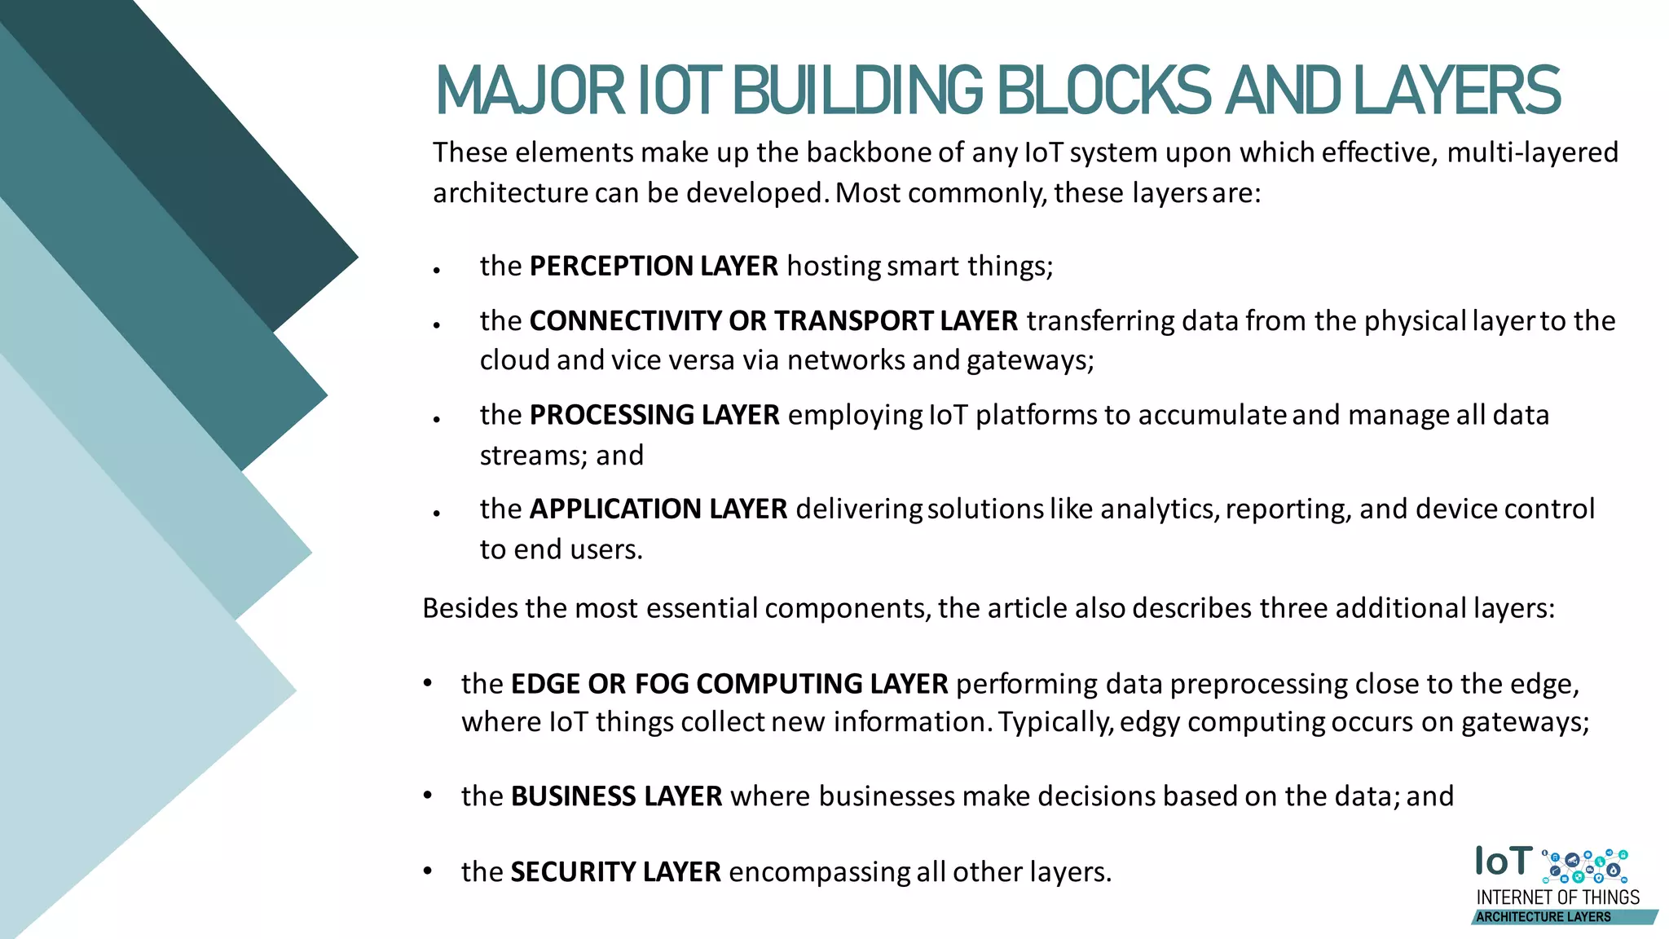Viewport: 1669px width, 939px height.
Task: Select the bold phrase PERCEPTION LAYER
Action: tap(654, 266)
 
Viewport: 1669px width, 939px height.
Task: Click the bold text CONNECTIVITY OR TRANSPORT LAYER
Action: tap(773, 320)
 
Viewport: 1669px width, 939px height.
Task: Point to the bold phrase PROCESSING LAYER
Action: tap(654, 415)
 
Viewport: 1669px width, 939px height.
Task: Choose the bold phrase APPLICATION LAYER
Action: tap(658, 509)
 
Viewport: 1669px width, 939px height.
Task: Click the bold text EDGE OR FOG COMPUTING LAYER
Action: tap(729, 683)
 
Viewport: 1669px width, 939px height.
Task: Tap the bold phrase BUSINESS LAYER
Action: tap(616, 796)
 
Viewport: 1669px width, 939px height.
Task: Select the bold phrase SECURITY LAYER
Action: tap(615, 871)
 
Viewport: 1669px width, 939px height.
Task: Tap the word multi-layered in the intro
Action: tap(1532, 152)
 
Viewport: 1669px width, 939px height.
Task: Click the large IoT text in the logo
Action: tap(1504, 862)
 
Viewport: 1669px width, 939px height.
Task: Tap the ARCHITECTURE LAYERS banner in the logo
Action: tap(1543, 917)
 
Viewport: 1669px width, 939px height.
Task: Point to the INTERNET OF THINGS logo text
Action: tap(1557, 897)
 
